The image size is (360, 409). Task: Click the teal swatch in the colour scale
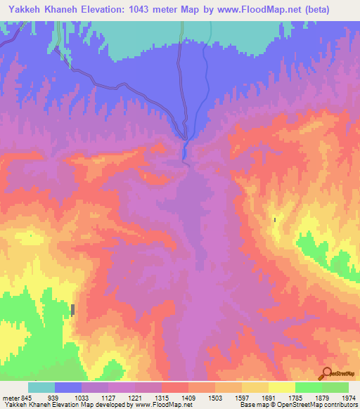pos(41,387)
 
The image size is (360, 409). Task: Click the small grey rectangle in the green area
pos(72,309)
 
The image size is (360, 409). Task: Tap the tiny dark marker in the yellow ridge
pos(275,220)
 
